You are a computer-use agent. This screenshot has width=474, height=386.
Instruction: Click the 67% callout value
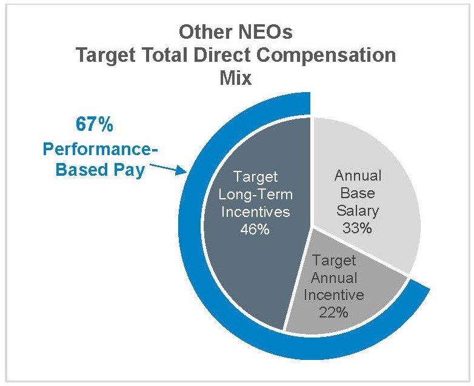(93, 125)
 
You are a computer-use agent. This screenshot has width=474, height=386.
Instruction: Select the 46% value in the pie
(254, 230)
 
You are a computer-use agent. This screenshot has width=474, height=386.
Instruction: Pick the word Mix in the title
(236, 79)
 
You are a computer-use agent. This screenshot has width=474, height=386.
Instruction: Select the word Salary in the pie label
(358, 211)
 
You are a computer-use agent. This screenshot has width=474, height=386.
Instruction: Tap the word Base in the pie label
(358, 194)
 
